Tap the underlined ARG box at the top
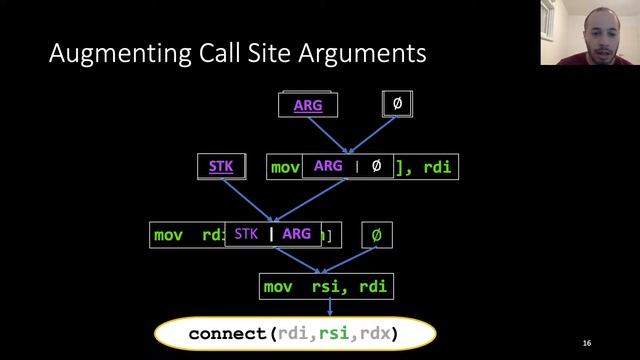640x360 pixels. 308,104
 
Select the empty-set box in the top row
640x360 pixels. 398,103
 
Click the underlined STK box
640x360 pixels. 220,166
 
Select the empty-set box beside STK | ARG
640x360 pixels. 376,235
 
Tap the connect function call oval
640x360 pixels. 294,333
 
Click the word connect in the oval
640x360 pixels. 226,333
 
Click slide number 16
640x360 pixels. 586,343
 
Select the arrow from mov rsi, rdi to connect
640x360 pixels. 329,308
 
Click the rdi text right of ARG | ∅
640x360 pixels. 438,167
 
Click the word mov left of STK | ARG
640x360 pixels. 168,235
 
